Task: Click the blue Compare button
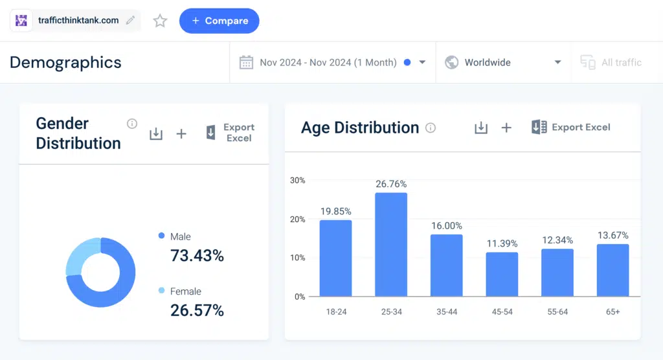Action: click(x=219, y=21)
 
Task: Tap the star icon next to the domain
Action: click(x=160, y=21)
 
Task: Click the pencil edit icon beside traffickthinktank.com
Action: click(x=131, y=21)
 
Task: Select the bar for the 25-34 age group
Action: click(x=391, y=244)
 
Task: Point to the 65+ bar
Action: click(x=612, y=270)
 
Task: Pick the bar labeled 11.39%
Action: click(x=502, y=274)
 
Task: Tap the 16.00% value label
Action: click(x=447, y=225)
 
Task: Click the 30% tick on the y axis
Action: click(x=297, y=180)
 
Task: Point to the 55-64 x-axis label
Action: click(x=557, y=311)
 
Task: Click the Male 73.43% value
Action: click(x=197, y=256)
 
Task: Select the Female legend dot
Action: click(x=161, y=291)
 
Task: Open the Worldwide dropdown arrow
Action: click(x=557, y=63)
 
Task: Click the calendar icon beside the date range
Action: click(x=246, y=63)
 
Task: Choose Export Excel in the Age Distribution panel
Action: click(x=570, y=128)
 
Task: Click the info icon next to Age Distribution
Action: click(x=431, y=128)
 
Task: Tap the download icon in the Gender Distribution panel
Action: click(x=156, y=133)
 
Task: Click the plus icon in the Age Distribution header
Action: click(x=506, y=128)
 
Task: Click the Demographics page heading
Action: click(x=65, y=63)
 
